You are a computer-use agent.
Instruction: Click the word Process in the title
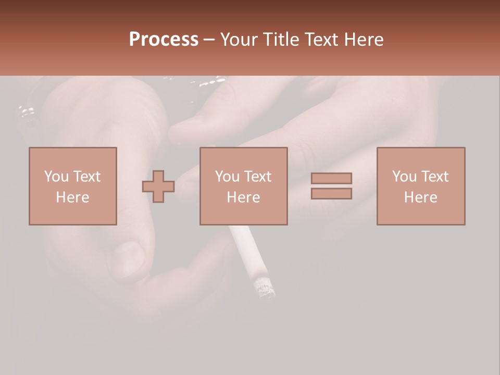click(x=164, y=40)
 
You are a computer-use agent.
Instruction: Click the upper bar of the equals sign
click(x=331, y=179)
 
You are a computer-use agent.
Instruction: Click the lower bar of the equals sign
click(x=331, y=194)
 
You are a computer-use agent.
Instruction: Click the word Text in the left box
click(x=86, y=177)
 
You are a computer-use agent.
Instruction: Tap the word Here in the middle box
click(x=244, y=197)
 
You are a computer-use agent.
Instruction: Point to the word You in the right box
click(x=404, y=177)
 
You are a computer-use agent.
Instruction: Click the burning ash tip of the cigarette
click(x=264, y=287)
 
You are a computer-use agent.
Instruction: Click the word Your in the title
click(x=239, y=40)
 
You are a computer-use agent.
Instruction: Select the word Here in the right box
click(x=421, y=197)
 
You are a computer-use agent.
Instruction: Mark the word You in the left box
click(x=56, y=177)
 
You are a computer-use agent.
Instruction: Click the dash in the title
click(x=209, y=40)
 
